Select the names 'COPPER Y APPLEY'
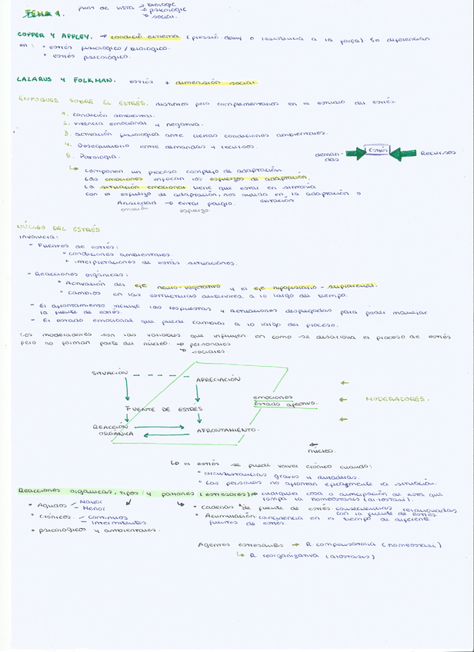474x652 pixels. (55, 35)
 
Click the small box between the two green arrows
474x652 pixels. (376, 151)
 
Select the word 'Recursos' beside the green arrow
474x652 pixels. (438, 152)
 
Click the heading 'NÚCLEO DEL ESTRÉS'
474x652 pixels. (58, 228)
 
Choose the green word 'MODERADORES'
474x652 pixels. (397, 399)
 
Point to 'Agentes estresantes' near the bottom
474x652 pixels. (228, 544)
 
